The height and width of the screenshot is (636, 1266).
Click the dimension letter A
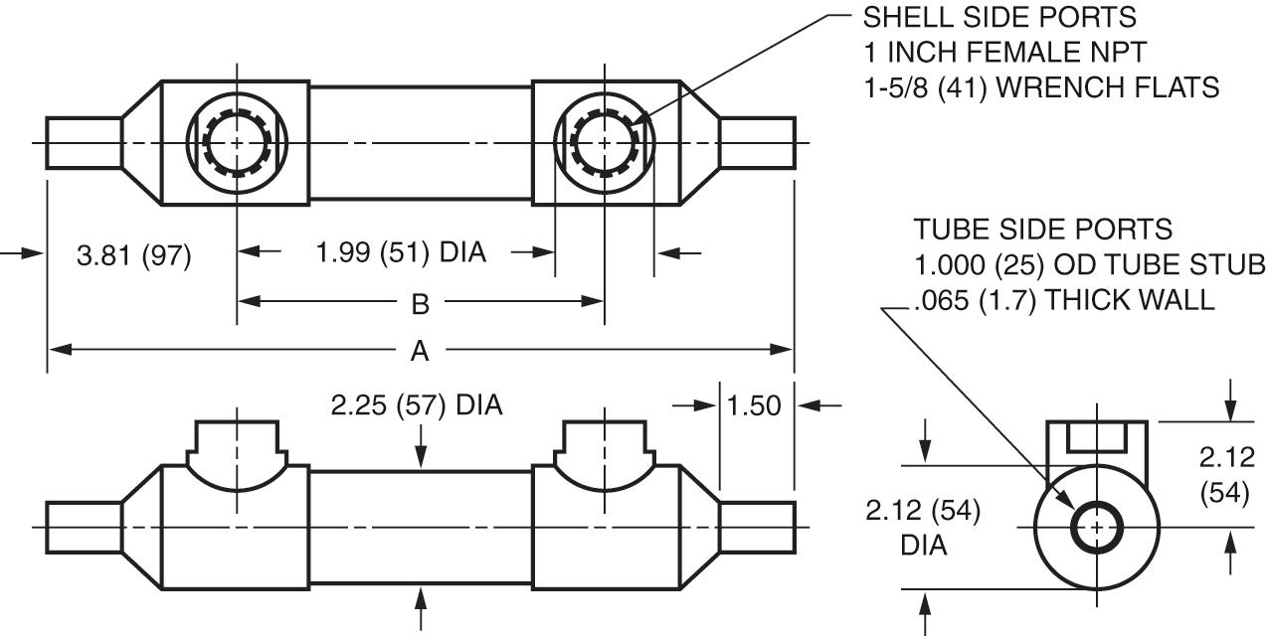(420, 350)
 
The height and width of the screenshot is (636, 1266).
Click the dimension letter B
(420, 303)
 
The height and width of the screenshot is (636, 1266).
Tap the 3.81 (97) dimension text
(134, 255)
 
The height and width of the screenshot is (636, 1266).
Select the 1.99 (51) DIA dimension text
(401, 252)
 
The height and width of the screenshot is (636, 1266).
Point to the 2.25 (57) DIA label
(418, 405)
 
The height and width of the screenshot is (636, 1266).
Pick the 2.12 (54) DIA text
(922, 528)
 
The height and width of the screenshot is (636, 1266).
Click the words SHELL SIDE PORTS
(999, 18)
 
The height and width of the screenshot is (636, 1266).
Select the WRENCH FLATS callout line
(1040, 87)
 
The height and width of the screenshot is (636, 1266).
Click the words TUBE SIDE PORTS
(1043, 230)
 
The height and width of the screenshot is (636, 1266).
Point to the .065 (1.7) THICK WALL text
(1062, 299)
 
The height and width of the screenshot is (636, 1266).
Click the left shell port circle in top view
(237, 143)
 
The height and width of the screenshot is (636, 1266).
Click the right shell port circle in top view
(604, 143)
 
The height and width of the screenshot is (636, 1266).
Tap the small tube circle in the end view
(1096, 526)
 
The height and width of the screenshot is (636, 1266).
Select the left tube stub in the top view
(85, 143)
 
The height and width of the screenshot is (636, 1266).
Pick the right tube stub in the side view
(757, 527)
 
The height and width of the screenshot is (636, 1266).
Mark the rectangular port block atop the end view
(1096, 439)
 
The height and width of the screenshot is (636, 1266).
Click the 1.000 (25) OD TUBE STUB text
(1089, 265)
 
